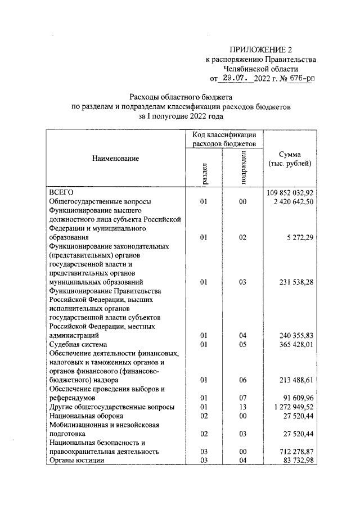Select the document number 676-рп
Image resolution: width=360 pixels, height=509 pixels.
pyautogui.click(x=300, y=78)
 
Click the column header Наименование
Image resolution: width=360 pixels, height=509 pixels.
pyautogui.click(x=115, y=159)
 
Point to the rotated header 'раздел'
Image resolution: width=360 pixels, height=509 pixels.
pyautogui.click(x=204, y=173)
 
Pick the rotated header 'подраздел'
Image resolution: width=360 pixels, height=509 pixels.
pyautogui.click(x=243, y=167)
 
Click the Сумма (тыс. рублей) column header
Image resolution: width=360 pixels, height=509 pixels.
pyautogui.click(x=289, y=159)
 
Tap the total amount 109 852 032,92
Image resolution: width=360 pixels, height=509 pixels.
pyautogui.click(x=289, y=192)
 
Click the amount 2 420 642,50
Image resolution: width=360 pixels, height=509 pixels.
pyautogui.click(x=293, y=201)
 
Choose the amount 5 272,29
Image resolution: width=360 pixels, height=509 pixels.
pyautogui.click(x=300, y=237)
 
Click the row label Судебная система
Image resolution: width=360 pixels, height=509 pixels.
pyautogui.click(x=78, y=344)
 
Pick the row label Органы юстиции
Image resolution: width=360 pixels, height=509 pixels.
pyautogui.click(x=77, y=461)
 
